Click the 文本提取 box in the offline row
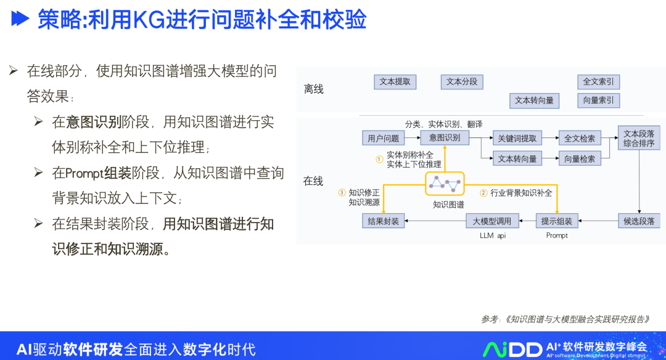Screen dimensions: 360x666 [395, 82]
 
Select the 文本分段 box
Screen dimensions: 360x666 [462, 82]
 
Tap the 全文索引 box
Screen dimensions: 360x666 [598, 82]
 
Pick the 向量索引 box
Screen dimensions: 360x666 [598, 100]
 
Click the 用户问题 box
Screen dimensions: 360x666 [383, 139]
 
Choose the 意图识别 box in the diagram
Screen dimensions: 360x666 [445, 138]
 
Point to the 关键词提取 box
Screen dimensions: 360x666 [517, 139]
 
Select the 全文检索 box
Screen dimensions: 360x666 [580, 139]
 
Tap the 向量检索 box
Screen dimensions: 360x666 [580, 158]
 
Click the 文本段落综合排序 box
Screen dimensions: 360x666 [638, 139]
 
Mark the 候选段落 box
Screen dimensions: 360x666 [638, 221]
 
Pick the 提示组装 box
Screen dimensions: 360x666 [557, 221]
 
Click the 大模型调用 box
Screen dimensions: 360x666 [492, 221]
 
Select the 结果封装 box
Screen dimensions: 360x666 [383, 221]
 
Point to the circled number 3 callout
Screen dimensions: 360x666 [342, 192]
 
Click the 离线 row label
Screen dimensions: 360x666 [313, 89]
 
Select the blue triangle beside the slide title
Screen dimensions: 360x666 [20, 20]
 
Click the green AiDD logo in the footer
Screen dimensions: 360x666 [512, 349]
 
